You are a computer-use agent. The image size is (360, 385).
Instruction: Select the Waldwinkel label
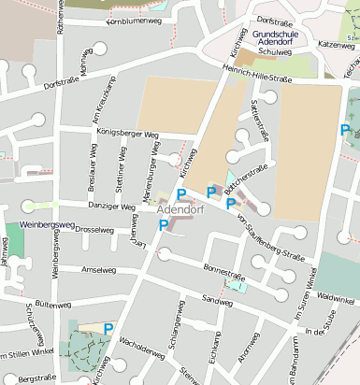(337, 296)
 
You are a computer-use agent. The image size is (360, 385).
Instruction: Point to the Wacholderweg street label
(141, 343)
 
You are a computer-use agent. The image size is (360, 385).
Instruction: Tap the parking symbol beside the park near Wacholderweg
(108, 329)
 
